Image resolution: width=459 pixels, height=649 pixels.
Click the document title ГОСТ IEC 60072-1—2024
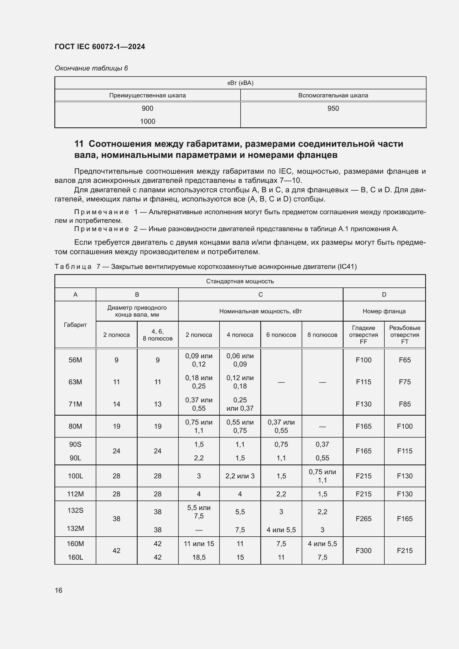[100, 47]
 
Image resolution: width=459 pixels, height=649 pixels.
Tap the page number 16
[59, 590]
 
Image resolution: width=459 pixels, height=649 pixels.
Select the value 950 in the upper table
[333, 108]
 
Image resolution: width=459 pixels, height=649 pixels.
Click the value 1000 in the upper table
[148, 121]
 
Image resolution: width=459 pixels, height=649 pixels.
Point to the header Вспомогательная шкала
[333, 95]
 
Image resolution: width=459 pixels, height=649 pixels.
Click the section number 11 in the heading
[79, 144]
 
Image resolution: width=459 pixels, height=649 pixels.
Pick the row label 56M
[75, 360]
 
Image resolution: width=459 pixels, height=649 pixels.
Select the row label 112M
[75, 494]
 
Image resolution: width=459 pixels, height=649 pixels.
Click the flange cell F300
[364, 550]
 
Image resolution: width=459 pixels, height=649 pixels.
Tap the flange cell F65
[404, 360]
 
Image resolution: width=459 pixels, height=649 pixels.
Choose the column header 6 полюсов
[281, 335]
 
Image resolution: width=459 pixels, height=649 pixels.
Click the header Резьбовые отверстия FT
[404, 335]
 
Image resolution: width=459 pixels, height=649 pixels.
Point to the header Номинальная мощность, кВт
[260, 311]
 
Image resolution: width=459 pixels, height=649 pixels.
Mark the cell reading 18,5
[199, 557]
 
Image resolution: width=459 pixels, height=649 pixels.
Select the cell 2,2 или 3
[240, 476]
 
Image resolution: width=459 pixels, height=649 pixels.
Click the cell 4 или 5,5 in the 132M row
[281, 530]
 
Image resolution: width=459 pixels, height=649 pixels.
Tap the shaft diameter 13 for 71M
[157, 404]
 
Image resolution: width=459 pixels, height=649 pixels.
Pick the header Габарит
[75, 325]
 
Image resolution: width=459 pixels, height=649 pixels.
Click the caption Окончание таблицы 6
[91, 68]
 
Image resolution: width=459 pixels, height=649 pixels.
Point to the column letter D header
[384, 295]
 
